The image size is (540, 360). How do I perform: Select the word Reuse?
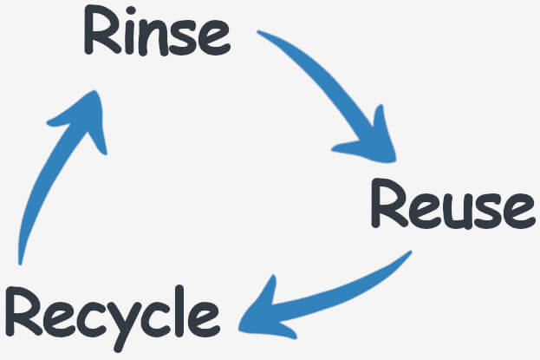tap(448, 206)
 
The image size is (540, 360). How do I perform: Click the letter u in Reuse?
tap(453, 211)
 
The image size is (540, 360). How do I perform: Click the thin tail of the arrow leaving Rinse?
tap(269, 37)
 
